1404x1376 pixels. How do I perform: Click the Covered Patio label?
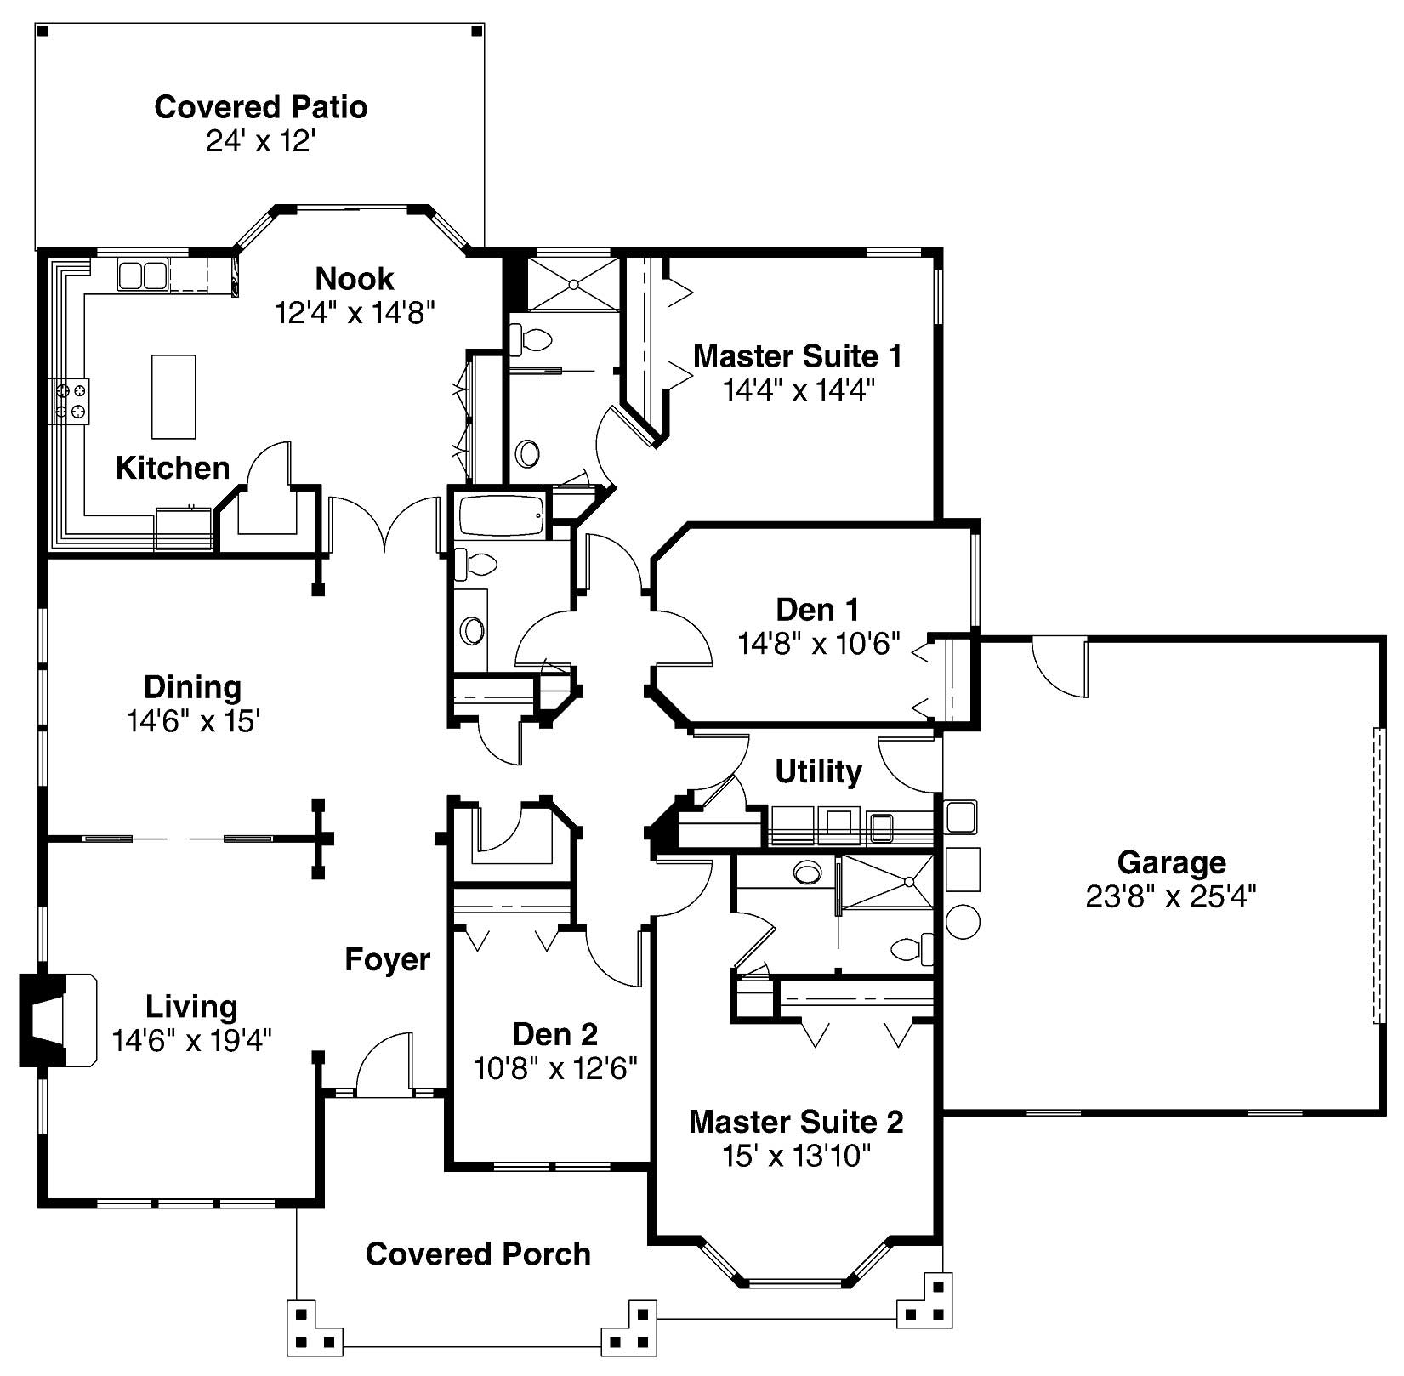260,107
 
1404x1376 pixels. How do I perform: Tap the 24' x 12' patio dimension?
260,141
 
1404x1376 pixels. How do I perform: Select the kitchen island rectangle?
173,396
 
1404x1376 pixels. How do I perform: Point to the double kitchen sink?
142,276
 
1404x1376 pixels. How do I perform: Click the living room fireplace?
56,1019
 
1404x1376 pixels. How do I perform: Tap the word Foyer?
387,959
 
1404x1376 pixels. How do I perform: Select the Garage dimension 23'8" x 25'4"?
1170,896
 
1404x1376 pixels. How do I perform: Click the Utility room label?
818,771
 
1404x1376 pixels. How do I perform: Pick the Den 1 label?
817,610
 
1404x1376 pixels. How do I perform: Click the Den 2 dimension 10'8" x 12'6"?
555,1068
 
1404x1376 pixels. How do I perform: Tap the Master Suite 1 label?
797,355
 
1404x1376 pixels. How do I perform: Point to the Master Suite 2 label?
795,1122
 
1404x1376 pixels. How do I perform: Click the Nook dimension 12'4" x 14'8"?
354,313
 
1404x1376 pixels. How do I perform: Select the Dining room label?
192,687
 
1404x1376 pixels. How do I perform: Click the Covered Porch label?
478,1254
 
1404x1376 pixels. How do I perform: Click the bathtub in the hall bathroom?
501,515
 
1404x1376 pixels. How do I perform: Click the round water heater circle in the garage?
963,922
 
